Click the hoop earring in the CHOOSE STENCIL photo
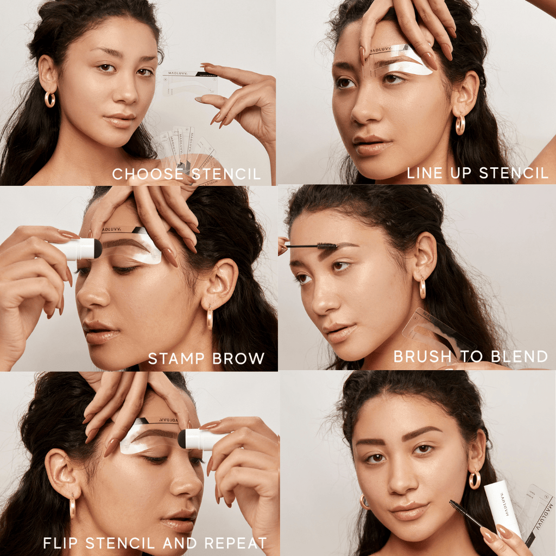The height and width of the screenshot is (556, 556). click(50, 99)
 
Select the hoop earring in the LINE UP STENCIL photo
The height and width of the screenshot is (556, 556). click(460, 125)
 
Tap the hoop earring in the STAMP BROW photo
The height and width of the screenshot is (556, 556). click(210, 317)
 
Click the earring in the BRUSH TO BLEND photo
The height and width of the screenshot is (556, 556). click(422, 288)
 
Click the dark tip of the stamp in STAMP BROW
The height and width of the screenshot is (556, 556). click(98, 249)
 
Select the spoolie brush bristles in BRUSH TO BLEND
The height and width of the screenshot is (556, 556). click(327, 247)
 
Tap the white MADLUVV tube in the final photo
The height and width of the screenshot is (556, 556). click(502, 508)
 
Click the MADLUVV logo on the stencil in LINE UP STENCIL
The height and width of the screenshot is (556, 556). click(384, 50)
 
